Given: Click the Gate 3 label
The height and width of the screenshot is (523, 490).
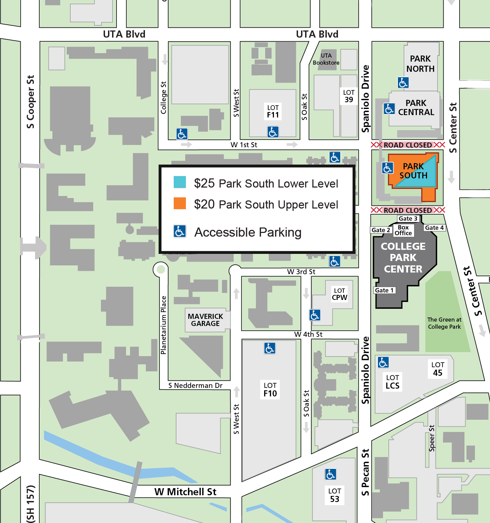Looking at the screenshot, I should coord(408,219).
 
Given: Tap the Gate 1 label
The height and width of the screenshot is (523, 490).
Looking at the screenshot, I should coord(384,290).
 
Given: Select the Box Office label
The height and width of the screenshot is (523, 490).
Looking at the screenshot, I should coord(403,231).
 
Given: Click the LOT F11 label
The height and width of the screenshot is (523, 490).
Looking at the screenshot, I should coord(273,111).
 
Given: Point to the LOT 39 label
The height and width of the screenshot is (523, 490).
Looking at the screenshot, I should coord(349,96).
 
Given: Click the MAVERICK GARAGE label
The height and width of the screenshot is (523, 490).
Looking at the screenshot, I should coord(206,320).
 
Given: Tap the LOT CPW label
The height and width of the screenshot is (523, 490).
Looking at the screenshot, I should coord(340,294).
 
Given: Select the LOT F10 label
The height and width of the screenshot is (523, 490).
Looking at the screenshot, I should coord(270,390).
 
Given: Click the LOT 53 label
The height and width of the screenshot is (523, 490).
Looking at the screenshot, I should coord(335,495).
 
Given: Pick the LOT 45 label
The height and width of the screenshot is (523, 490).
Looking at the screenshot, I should coord(438,369).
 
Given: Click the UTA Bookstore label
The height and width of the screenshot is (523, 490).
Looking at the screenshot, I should coord(326,59).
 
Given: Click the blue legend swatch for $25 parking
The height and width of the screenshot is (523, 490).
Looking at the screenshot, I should coord(180,182).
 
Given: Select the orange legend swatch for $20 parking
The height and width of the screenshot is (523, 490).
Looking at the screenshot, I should coord(180,203).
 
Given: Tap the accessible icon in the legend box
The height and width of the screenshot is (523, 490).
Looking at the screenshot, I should coord(180,232).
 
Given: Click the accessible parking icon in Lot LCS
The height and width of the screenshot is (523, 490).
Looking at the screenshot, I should coord(383,363).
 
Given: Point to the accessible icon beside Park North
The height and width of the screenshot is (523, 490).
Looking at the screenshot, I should coord(403,83).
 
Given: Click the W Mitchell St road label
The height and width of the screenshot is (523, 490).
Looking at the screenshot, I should coord(185,492).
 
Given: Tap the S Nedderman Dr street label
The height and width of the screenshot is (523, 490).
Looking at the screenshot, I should coord(195,386).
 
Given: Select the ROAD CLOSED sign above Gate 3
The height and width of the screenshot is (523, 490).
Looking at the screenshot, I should coord(408,210).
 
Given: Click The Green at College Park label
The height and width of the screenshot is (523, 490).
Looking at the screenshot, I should coord(444,323).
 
